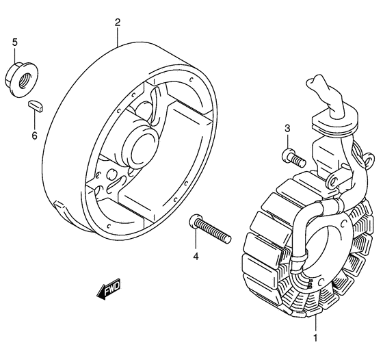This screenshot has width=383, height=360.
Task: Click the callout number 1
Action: pyautogui.click(x=315, y=338)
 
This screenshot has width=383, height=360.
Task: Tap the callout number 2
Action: pyautogui.click(x=118, y=23)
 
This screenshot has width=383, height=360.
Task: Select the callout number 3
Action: pyautogui.click(x=287, y=128)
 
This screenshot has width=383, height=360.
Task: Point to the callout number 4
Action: pyautogui.click(x=196, y=257)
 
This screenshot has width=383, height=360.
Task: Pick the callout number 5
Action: pyautogui.click(x=15, y=42)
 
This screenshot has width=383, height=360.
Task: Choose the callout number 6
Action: pyautogui.click(x=34, y=135)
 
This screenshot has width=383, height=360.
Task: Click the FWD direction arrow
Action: pyautogui.click(x=109, y=289)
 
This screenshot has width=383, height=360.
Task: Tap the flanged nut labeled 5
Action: pyautogui.click(x=21, y=79)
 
